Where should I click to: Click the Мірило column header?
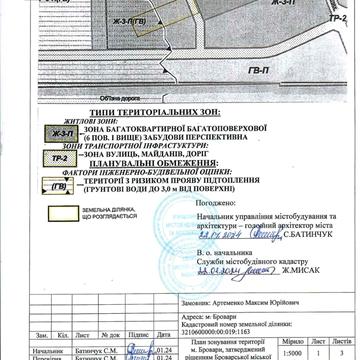[286, 341]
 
